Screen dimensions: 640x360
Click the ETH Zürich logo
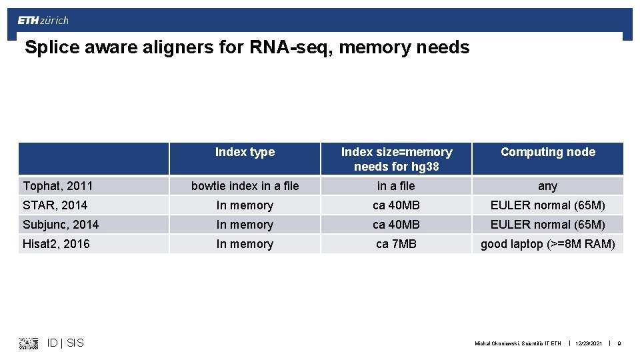click(43, 20)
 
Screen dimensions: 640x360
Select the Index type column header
click(245, 152)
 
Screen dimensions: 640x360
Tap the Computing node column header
click(547, 152)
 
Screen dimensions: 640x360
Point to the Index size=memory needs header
click(396, 159)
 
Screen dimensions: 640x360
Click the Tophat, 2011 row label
click(58, 186)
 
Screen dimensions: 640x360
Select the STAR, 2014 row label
click(55, 205)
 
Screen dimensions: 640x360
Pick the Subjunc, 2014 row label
click(61, 225)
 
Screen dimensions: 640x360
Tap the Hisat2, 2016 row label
click(57, 244)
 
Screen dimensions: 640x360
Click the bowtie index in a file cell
click(245, 186)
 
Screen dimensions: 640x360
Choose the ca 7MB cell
click(396, 244)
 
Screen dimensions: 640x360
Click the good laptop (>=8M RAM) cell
click(547, 244)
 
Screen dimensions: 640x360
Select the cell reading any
click(547, 186)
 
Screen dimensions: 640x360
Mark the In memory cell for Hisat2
click(245, 244)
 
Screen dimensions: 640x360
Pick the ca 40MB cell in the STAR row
click(396, 205)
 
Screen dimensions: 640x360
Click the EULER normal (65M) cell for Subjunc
click(547, 225)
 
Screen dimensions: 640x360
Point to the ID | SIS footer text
click(65, 343)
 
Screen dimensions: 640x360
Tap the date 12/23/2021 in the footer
click(588, 343)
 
